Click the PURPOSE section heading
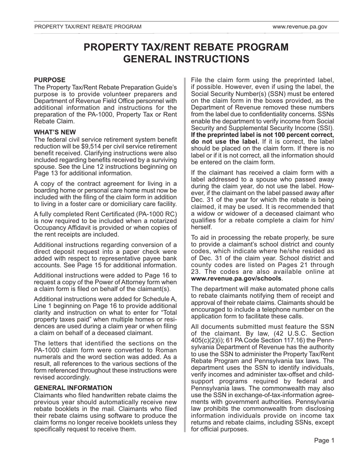pos(50,80)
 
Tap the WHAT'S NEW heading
pos(55,132)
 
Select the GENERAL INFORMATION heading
pos(73,388)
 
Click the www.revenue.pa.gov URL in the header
pos(299,27)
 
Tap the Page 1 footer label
pos(324,440)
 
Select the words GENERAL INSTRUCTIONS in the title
pos(186,59)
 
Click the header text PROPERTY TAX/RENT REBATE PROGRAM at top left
pos(88,27)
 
